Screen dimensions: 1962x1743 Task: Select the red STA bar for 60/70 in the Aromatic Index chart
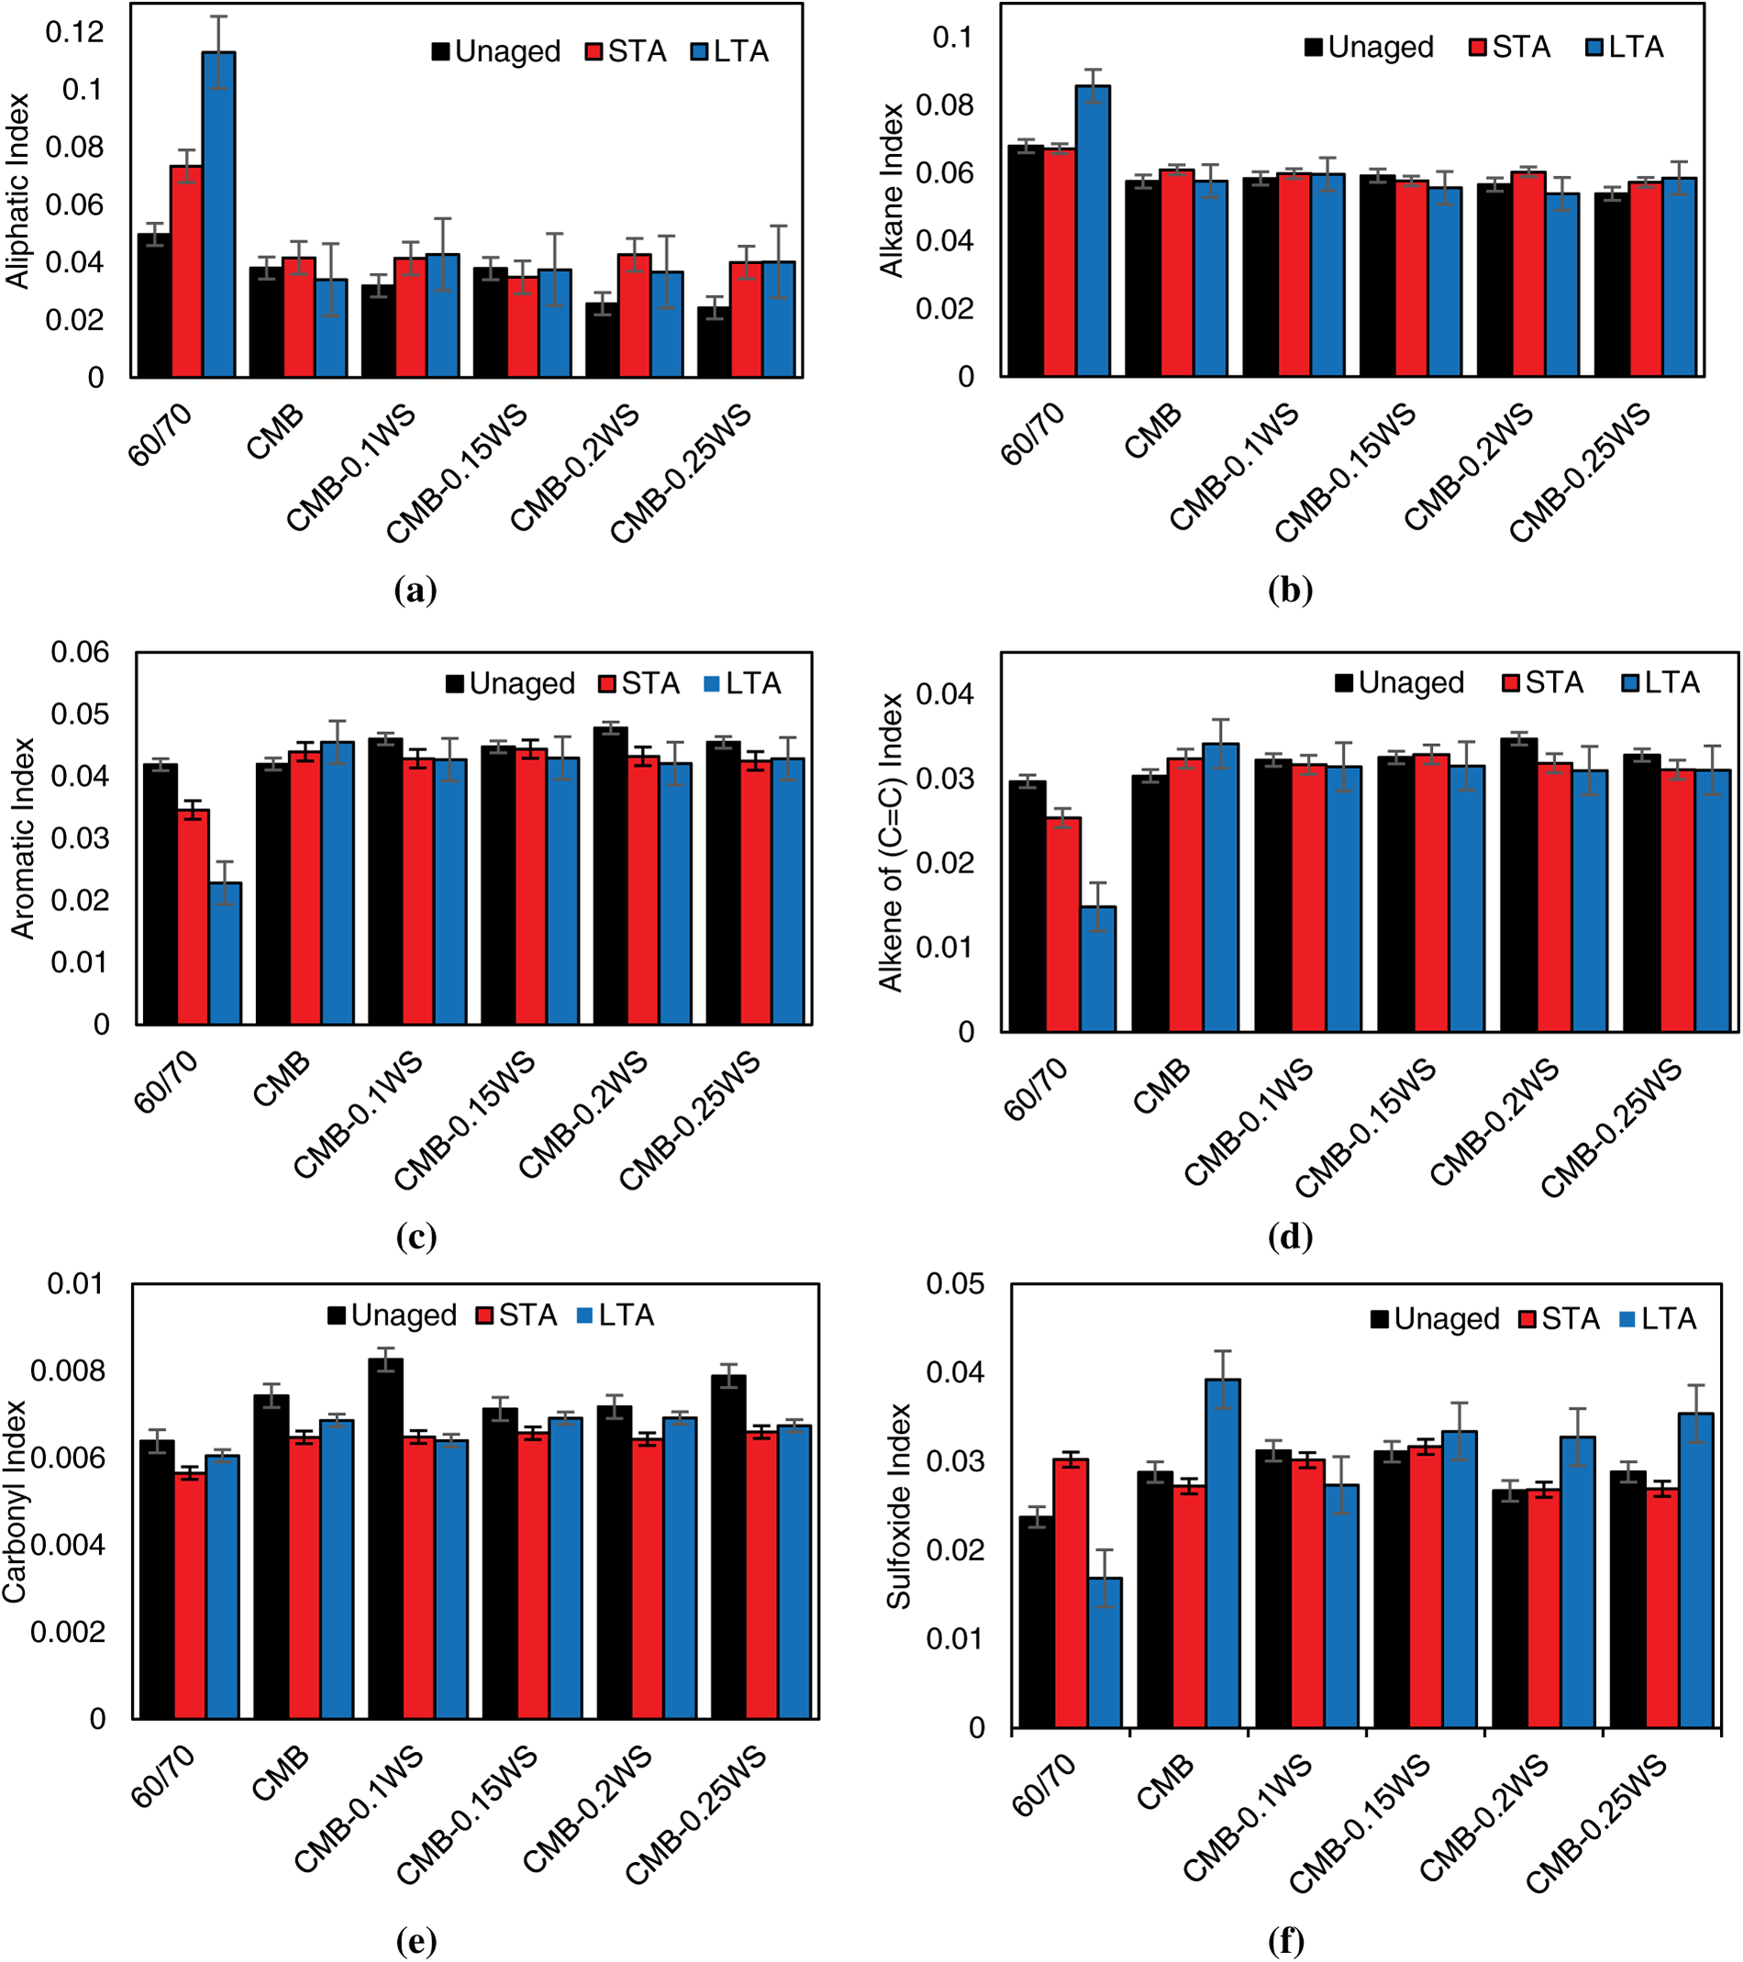[x=194, y=916]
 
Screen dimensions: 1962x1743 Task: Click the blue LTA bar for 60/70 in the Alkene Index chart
[x=1098, y=969]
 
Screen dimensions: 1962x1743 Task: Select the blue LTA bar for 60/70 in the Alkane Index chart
[x=1093, y=230]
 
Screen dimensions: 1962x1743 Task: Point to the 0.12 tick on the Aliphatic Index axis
[x=75, y=32]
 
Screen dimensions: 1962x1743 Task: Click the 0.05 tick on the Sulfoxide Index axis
[x=955, y=1284]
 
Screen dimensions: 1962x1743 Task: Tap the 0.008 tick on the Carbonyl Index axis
[x=67, y=1370]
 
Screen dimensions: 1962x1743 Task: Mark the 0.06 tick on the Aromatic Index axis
[x=81, y=653]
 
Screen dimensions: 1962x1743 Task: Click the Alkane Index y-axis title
[x=893, y=190]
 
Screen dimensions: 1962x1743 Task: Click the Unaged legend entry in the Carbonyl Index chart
[x=393, y=1315]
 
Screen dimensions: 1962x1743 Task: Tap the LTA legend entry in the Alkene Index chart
[x=1661, y=682]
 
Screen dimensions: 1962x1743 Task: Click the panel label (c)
[x=416, y=1236]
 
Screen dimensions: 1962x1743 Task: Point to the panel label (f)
[x=1286, y=1941]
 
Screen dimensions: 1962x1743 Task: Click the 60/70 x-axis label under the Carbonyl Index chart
[x=164, y=1777]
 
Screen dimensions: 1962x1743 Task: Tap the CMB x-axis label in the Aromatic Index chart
[x=283, y=1078]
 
